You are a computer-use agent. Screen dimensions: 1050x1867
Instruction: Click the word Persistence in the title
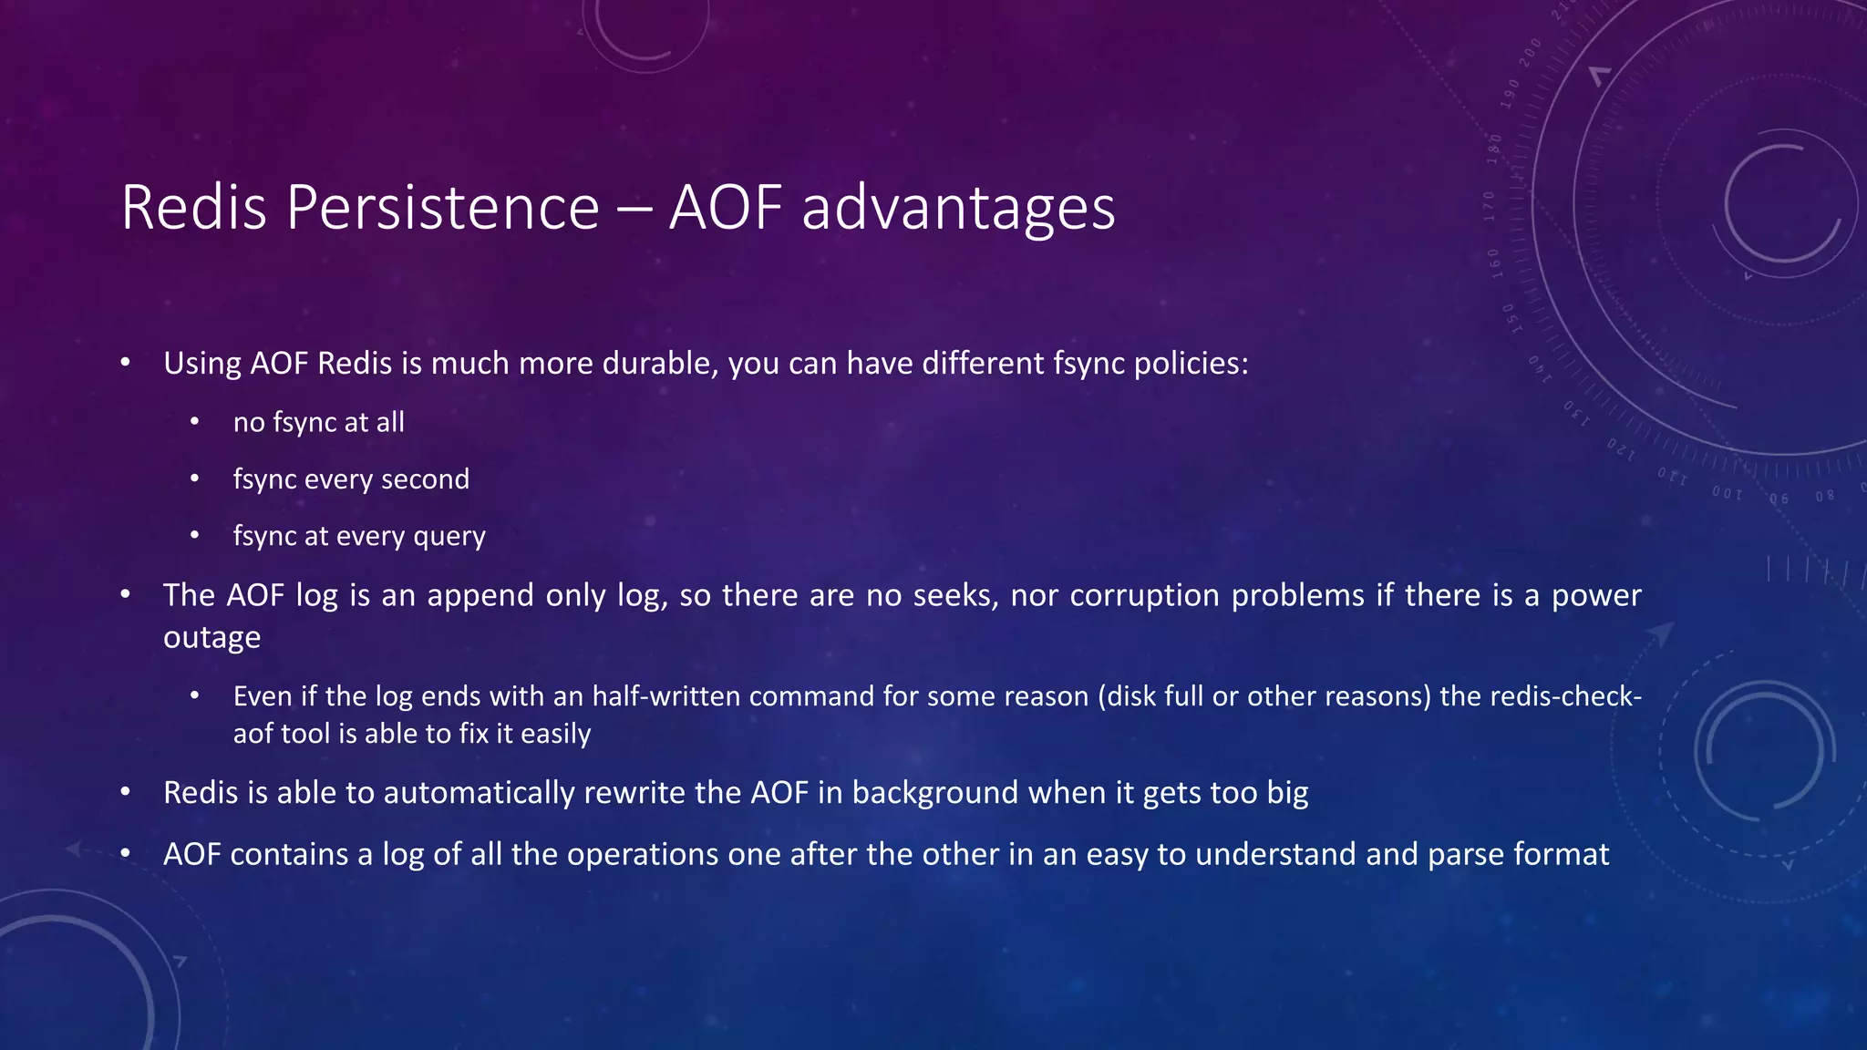coord(443,208)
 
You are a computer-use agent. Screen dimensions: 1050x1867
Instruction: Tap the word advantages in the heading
coord(958,208)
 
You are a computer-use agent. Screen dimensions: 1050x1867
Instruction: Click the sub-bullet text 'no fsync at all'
coord(318,422)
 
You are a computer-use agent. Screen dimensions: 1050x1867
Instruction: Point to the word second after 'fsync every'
coord(425,479)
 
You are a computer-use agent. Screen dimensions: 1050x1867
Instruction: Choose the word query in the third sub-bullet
coord(449,536)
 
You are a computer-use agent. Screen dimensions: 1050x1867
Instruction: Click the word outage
coord(211,637)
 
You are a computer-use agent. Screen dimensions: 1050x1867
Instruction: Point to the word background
coord(934,793)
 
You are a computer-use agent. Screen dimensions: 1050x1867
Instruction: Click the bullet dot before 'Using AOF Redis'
coord(126,364)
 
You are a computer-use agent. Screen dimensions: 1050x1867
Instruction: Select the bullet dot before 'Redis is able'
coord(126,793)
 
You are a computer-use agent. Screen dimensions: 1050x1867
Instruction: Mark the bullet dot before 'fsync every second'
coord(194,479)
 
